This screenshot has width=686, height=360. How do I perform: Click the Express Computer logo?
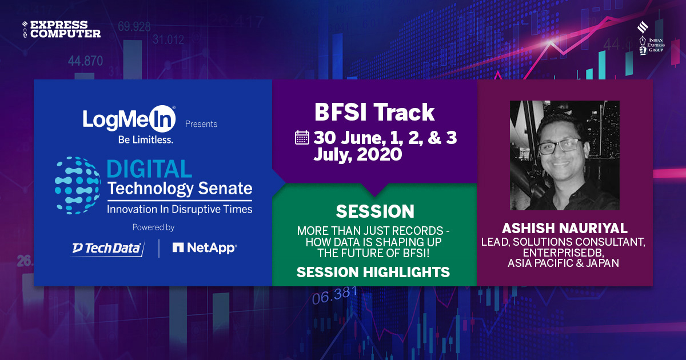(x=61, y=29)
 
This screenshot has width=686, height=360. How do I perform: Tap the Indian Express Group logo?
(x=650, y=39)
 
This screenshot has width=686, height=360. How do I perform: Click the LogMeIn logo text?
(x=129, y=119)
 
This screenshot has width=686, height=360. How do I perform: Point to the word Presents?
(x=201, y=124)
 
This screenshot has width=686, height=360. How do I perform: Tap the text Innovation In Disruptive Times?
(x=180, y=209)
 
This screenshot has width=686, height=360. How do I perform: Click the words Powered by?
(x=153, y=227)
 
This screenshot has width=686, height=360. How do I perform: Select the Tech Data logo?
(x=107, y=247)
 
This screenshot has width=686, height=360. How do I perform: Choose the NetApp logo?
(x=205, y=247)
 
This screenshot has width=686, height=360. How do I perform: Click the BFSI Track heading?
(x=374, y=113)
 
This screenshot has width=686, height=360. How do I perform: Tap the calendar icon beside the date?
(x=302, y=138)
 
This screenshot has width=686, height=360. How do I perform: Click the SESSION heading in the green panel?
(x=375, y=211)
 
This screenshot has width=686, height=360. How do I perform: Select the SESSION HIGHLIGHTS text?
(x=373, y=273)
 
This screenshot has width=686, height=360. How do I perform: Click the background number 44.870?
(x=85, y=61)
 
